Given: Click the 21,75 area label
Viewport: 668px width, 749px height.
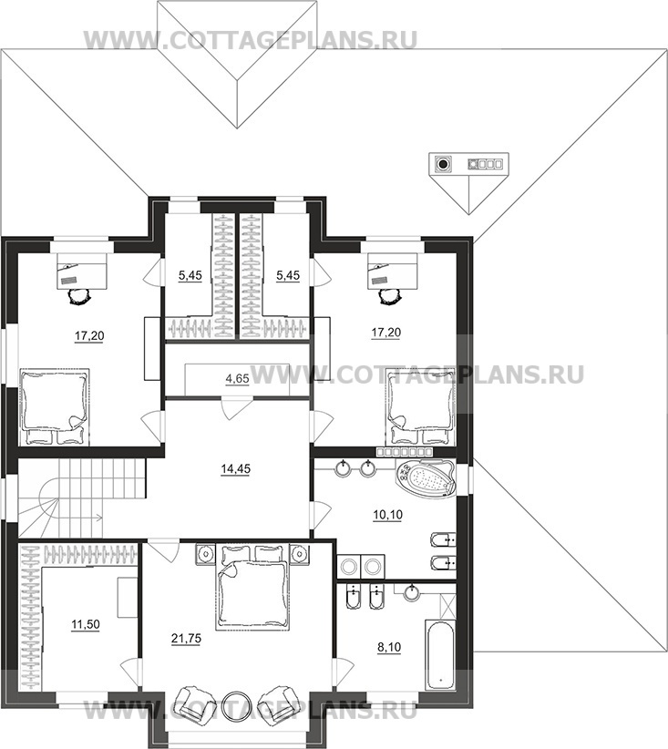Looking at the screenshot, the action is point(186,639).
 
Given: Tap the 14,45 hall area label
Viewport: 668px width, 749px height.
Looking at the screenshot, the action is point(235,469).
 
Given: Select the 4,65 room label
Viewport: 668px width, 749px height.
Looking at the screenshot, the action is point(238,379).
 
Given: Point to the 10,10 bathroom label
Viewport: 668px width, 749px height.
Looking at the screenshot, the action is point(387,515).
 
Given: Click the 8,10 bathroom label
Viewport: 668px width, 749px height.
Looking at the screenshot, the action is point(389,648).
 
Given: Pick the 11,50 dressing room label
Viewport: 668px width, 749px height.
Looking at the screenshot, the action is point(86,624).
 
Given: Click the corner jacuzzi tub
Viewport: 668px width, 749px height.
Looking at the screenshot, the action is point(426,480).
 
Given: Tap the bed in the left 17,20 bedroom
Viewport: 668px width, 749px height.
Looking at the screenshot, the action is point(54,406).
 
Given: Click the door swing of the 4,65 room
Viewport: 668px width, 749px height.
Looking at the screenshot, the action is point(236,408).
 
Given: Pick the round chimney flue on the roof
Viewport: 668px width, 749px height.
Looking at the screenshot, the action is point(444,164).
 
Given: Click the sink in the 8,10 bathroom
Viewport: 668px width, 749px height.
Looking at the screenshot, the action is point(411,593).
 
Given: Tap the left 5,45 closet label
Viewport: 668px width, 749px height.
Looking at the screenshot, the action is point(190,275).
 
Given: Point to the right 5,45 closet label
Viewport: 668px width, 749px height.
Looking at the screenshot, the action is point(288,275).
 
